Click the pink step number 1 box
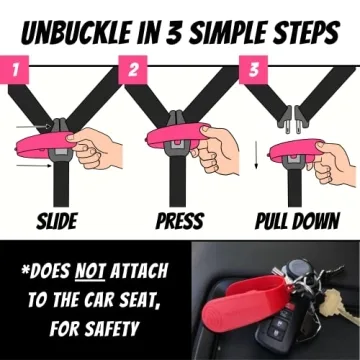tap(14, 71)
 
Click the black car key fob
tap(232, 330)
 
